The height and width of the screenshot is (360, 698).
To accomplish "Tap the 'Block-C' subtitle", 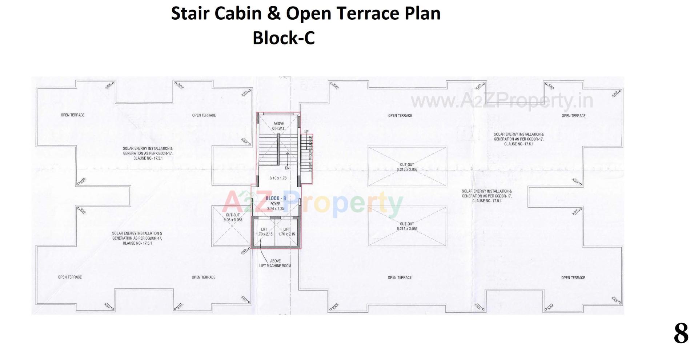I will pyautogui.click(x=284, y=38).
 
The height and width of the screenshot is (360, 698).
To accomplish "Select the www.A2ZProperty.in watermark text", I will pyautogui.click(x=502, y=101).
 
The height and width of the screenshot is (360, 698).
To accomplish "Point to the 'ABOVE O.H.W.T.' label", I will pyautogui.click(x=279, y=126).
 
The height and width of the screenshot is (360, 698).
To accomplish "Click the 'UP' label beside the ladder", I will pyautogui.click(x=306, y=132).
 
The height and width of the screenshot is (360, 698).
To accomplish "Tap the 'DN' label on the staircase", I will pyautogui.click(x=287, y=168).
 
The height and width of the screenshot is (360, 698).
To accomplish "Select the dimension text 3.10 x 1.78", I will pyautogui.click(x=278, y=178).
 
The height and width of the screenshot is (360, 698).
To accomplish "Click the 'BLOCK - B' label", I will pyautogui.click(x=276, y=198).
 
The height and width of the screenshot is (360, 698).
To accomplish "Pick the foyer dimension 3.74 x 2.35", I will pyautogui.click(x=275, y=209).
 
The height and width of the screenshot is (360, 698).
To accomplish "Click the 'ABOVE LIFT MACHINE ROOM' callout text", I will pyautogui.click(x=275, y=263).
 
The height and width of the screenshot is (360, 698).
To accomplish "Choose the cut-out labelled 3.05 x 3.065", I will pyautogui.click(x=233, y=217).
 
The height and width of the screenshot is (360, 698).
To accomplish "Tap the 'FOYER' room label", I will pyautogui.click(x=275, y=204).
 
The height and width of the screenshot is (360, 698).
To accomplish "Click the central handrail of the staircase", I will pyautogui.click(x=278, y=149).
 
